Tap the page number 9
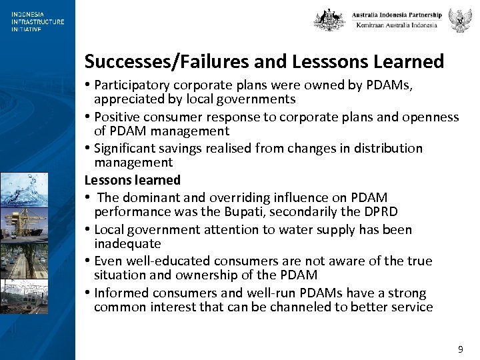click(x=460, y=349)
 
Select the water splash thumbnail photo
click(x=24, y=189)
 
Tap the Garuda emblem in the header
click(x=460, y=20)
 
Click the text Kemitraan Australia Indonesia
click(x=397, y=25)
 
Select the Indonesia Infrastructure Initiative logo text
click(x=37, y=21)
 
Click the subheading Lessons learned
click(x=133, y=180)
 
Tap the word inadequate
click(x=127, y=244)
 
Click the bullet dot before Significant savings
click(x=88, y=149)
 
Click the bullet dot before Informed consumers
click(x=88, y=293)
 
